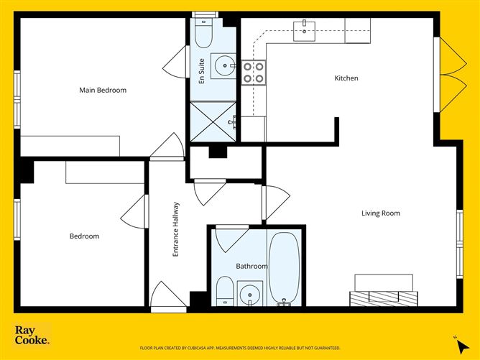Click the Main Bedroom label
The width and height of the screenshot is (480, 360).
[x=103, y=91]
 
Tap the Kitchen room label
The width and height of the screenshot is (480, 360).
[x=346, y=78]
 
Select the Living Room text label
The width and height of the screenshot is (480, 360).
[x=380, y=213]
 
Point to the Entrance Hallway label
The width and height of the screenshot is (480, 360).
[x=175, y=230]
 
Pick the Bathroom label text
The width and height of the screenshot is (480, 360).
[x=251, y=267]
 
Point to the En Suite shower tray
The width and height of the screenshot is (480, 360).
[x=213, y=121]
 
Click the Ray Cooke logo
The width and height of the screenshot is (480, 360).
[x=32, y=335]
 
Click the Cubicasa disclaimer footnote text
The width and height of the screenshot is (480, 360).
[x=240, y=347]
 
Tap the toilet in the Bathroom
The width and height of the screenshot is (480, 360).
[x=224, y=292]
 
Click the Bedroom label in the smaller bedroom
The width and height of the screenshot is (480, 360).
[x=84, y=236]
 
